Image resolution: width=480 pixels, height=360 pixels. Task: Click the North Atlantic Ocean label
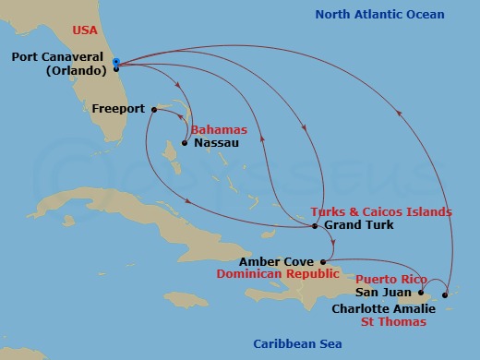click(379, 15)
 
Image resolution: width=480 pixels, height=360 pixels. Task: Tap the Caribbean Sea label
click(297, 344)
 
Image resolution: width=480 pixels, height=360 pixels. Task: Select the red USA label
click(86, 30)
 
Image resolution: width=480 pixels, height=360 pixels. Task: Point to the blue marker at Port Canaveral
click(116, 62)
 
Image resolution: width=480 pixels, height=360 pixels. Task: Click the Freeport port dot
click(152, 109)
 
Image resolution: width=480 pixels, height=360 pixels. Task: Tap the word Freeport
click(118, 109)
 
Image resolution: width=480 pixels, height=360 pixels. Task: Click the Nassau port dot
click(185, 143)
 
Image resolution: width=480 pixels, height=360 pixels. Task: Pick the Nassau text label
click(213, 143)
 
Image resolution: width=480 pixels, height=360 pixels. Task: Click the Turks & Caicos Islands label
click(381, 211)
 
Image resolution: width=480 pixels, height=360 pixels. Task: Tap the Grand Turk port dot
click(315, 225)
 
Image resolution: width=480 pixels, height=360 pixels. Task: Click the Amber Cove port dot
click(323, 261)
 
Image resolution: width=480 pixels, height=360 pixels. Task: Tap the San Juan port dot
click(421, 294)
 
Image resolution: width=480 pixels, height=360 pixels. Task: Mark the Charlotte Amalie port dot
click(445, 295)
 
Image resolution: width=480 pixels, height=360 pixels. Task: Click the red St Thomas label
click(393, 322)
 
